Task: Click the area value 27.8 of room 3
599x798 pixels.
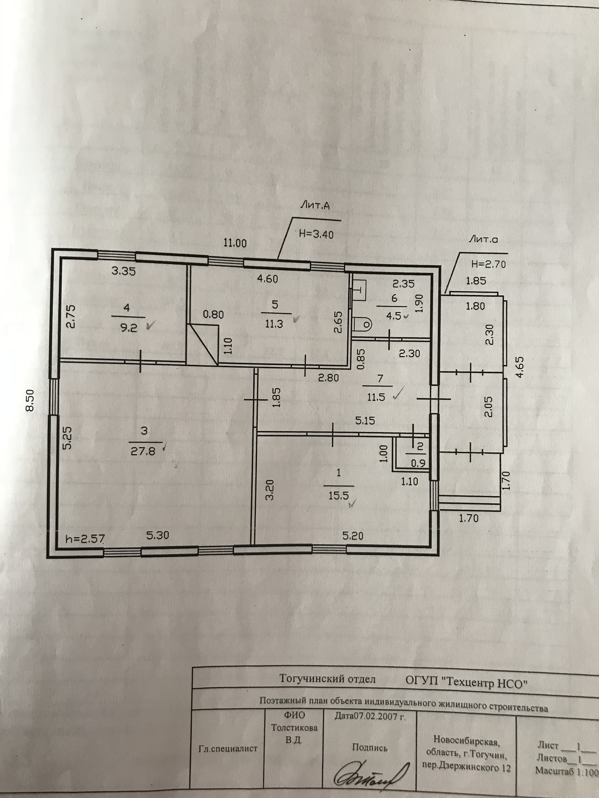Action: (x=143, y=451)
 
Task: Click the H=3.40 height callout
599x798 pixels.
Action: (x=316, y=234)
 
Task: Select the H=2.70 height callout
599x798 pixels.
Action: (x=488, y=264)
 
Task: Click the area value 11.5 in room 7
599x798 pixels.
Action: (x=376, y=397)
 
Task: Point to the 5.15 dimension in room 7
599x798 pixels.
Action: (x=365, y=420)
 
